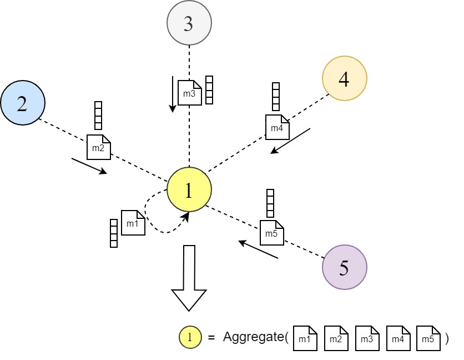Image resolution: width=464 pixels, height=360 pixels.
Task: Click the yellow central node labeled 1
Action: pyautogui.click(x=189, y=189)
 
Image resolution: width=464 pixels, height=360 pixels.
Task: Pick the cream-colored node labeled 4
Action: pyautogui.click(x=344, y=78)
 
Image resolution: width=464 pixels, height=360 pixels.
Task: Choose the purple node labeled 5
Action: pyautogui.click(x=344, y=267)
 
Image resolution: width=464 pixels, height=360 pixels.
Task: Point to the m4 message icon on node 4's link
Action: pyautogui.click(x=277, y=127)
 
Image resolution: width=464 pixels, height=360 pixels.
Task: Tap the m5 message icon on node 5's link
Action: pyautogui.click(x=271, y=233)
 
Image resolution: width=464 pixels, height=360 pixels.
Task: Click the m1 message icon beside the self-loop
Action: pyautogui.click(x=133, y=223)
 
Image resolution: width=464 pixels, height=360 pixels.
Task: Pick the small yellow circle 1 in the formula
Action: pyautogui.click(x=190, y=337)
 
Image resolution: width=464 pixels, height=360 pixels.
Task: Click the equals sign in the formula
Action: pyautogui.click(x=211, y=338)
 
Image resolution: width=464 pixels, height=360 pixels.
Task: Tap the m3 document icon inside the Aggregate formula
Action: pyautogui.click(x=367, y=338)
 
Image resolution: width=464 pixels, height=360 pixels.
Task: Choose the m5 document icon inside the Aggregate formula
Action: pyautogui.click(x=428, y=338)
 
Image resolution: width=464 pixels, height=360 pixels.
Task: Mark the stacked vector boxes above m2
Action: pyautogui.click(x=98, y=116)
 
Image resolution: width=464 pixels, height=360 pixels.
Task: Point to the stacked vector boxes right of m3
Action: pyautogui.click(x=209, y=89)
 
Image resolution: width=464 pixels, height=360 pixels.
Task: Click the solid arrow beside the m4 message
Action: pyautogui.click(x=290, y=141)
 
